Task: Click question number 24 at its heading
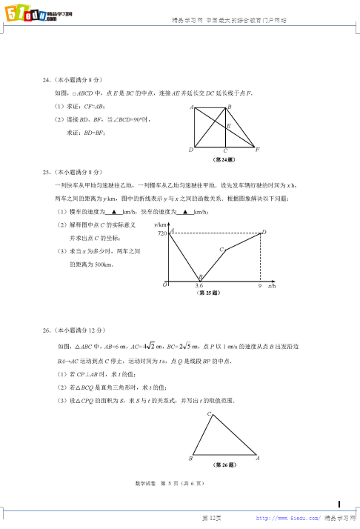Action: tap(47, 79)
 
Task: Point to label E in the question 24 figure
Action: tap(229, 126)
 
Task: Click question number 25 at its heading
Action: tap(47, 173)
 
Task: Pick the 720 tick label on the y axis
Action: tap(163, 233)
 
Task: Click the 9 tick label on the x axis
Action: tap(259, 285)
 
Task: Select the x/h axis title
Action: tap(272, 285)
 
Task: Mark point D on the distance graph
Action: tap(264, 232)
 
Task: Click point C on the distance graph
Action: tap(221, 250)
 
